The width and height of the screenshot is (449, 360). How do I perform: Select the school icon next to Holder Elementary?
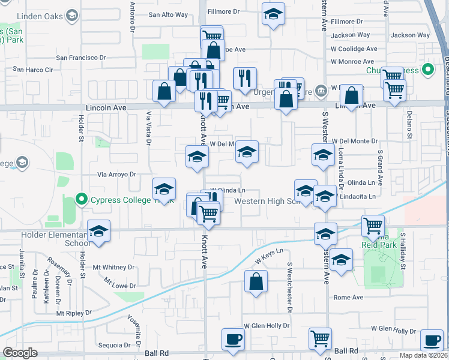tap(99, 231)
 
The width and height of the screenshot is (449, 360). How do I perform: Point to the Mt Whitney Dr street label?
tap(113, 267)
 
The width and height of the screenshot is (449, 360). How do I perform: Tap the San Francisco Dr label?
tap(81, 58)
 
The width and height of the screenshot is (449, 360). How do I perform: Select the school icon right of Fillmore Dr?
tap(273, 14)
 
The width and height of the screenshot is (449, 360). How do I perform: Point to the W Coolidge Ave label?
tap(354, 49)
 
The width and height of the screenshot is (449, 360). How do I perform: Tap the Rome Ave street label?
tap(349, 297)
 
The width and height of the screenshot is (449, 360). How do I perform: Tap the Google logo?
tap(20, 353)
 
